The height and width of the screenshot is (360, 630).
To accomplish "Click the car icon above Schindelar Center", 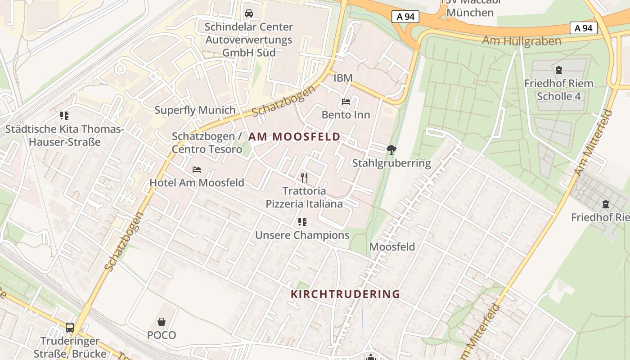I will coord(249,13).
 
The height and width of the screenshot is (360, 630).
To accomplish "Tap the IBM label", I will coord(343,78).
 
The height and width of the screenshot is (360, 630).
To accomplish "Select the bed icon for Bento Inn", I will coord(346,102).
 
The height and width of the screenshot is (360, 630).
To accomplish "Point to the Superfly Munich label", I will coord(195,110).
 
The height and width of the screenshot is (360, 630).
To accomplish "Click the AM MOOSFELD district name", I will coord(294,137).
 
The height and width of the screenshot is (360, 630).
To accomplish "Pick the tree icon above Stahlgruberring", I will coord(391,150).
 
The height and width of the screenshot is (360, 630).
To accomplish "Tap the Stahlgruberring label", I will coord(391,163).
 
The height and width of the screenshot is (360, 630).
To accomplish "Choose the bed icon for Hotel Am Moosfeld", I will coord(197,170).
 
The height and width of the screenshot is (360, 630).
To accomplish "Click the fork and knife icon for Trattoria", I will coord(304,178).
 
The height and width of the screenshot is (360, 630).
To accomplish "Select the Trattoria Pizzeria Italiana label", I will coord(304,198).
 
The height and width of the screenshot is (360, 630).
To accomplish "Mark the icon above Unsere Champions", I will coord(302,222).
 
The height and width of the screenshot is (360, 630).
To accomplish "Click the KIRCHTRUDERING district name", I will coord(345,294).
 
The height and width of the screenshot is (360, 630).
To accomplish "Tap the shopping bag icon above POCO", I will coord(162,322).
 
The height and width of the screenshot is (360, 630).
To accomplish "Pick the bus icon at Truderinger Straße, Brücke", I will coord(70,328).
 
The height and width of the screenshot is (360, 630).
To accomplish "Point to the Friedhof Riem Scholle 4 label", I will coord(558,90).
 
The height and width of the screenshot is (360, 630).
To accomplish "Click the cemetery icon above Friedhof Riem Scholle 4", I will coord(558,70).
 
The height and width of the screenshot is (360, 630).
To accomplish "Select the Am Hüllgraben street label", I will coord(522,41).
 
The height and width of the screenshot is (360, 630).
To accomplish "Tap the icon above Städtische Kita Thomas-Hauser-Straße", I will coord(64,116).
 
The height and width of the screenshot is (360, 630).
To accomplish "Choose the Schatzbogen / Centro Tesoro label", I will coord(207,143).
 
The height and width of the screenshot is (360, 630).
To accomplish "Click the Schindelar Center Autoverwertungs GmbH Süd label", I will coord(249,40).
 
